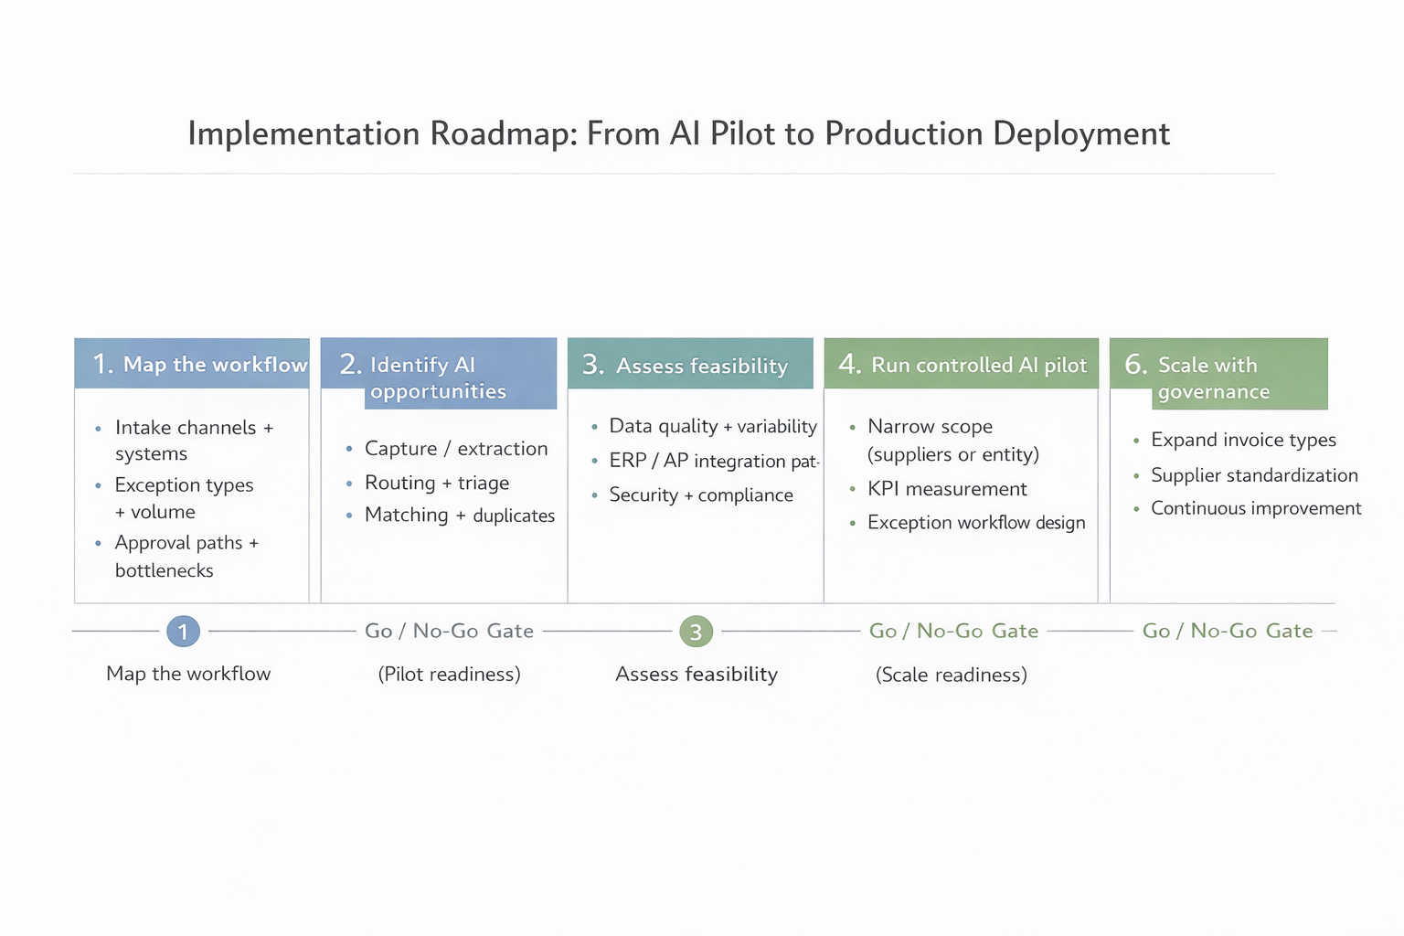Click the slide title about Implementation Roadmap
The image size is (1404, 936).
point(678,133)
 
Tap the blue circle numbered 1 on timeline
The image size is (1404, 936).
point(183,631)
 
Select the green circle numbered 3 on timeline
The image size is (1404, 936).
point(696,631)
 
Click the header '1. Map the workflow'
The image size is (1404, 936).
point(192,364)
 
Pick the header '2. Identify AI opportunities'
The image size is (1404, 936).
point(439,376)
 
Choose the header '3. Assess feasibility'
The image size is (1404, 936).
point(690,365)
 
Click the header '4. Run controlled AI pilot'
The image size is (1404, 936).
point(962,364)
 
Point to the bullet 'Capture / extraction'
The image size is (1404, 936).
point(456,449)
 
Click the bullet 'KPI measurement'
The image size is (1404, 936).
point(947,489)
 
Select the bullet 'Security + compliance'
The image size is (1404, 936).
point(701,495)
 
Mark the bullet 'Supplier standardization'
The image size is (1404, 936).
point(1254,475)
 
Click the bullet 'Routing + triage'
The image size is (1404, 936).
point(437,483)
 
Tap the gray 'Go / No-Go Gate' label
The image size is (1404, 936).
point(449,631)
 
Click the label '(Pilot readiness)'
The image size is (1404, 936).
point(449,675)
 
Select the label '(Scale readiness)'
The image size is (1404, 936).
point(951,675)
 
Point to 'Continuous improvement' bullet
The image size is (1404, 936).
point(1256,508)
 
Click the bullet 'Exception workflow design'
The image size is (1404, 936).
point(976,523)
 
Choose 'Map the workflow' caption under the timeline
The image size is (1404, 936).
point(188,674)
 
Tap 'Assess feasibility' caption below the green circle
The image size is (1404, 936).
point(696,675)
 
